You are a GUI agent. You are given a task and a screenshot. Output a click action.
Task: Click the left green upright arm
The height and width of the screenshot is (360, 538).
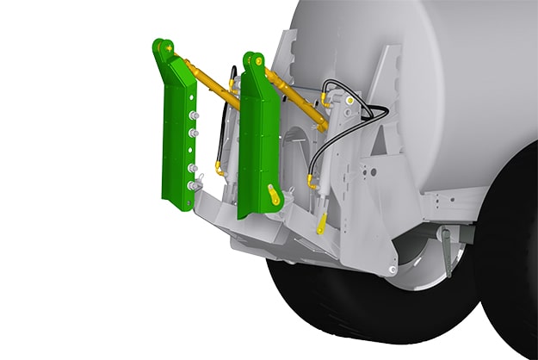pyautogui.click(x=177, y=138)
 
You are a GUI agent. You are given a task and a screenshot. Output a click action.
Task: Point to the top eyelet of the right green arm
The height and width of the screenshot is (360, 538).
pyautogui.click(x=251, y=60)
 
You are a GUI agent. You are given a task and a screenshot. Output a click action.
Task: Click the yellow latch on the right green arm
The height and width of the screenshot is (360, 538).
pyautogui.click(x=274, y=196)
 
